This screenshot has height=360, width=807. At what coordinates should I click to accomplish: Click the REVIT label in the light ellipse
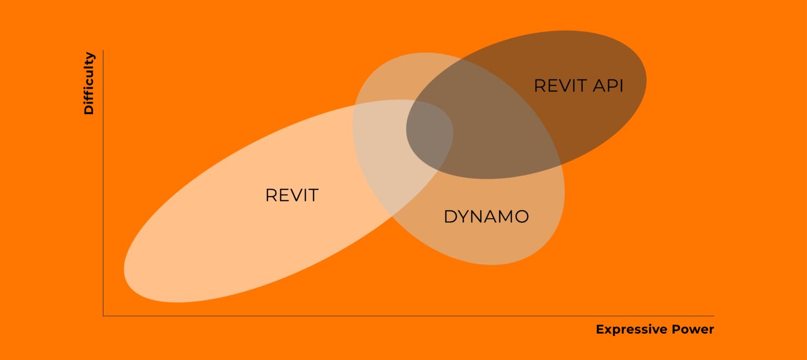pyautogui.click(x=292, y=196)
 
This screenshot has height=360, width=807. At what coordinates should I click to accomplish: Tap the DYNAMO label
pyautogui.click(x=486, y=217)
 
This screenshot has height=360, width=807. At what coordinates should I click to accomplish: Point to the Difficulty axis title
pyautogui.click(x=89, y=83)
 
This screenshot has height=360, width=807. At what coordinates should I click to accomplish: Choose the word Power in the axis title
pyautogui.click(x=693, y=330)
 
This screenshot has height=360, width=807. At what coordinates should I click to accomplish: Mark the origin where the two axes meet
pyautogui.click(x=104, y=316)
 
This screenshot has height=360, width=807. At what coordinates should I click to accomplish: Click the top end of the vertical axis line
pyautogui.click(x=104, y=51)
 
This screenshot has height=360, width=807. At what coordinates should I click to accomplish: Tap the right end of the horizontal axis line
pyautogui.click(x=713, y=316)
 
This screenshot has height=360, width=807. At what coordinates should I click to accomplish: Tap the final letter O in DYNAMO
pyautogui.click(x=521, y=217)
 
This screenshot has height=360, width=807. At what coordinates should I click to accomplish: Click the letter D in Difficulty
pyautogui.click(x=89, y=110)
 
